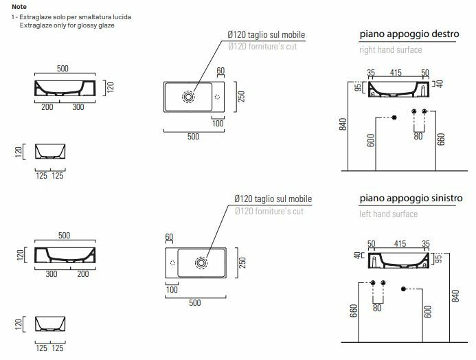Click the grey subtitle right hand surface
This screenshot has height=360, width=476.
[x=391, y=50]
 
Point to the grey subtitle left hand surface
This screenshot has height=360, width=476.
[x=389, y=214]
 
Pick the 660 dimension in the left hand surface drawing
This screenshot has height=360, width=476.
[x=353, y=311]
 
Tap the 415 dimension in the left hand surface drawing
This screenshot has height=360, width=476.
[x=400, y=243]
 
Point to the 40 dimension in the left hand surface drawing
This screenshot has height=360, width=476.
[x=358, y=256]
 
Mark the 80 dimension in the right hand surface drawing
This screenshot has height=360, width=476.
[x=418, y=136]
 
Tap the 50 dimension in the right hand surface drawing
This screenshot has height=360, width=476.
[x=425, y=72]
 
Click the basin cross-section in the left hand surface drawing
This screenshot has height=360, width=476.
[x=400, y=260]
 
